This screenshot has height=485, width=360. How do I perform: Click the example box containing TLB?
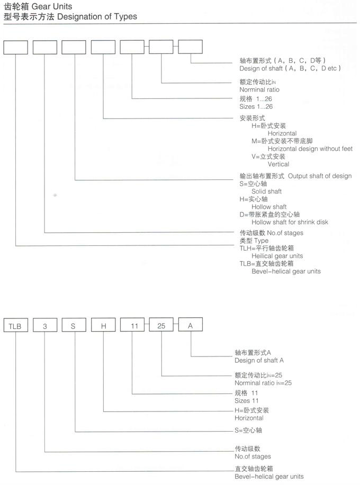click(16, 325)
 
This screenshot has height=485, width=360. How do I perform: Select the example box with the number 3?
click(45, 325)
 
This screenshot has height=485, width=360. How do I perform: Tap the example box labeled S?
click(74, 325)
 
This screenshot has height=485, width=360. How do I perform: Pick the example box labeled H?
click(103, 325)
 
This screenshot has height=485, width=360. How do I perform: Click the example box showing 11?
click(132, 325)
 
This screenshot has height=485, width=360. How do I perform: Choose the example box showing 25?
click(161, 325)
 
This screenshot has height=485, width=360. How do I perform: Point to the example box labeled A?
click(191, 324)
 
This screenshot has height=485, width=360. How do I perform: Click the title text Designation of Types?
click(97, 17)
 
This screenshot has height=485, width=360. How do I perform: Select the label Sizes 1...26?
click(256, 107)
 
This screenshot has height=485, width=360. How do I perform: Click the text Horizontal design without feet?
click(310, 149)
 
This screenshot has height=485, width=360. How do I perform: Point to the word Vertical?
click(278, 164)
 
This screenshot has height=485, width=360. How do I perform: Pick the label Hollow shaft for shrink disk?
click(290, 222)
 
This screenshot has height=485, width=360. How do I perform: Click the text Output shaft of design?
click(320, 176)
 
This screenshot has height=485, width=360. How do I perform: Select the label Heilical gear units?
click(277, 256)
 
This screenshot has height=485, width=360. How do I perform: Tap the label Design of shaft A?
click(259, 360)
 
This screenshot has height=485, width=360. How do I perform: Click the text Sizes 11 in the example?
click(246, 401)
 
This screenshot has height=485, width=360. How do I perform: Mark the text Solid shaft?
click(266, 191)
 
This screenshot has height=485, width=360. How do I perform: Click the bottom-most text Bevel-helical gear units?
click(269, 477)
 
